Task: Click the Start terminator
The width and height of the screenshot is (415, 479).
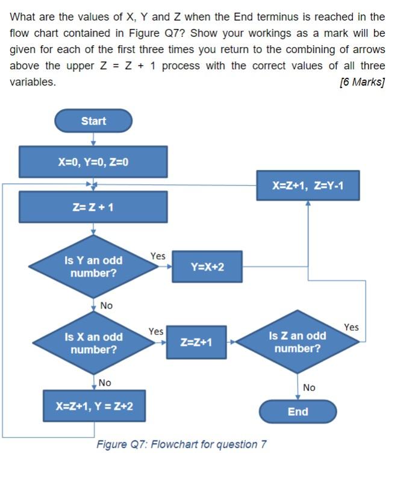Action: click(x=93, y=121)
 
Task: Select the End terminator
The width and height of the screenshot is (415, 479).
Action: click(x=298, y=412)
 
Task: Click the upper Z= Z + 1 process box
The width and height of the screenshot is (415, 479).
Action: click(x=93, y=207)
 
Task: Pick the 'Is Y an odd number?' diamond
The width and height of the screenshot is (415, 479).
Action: click(x=93, y=267)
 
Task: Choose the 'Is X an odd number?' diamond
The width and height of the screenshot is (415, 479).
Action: click(x=93, y=343)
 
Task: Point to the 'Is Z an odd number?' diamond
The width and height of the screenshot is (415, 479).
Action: click(x=298, y=342)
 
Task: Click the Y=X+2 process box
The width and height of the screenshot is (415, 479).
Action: click(x=207, y=266)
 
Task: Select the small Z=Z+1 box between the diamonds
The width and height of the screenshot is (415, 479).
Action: click(x=196, y=342)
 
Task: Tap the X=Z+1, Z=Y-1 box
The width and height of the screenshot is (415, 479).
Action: click(x=308, y=185)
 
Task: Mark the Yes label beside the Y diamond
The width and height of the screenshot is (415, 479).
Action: click(x=158, y=256)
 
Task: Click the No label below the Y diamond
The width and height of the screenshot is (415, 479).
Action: click(x=106, y=305)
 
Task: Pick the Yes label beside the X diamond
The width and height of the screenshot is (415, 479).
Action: click(x=156, y=331)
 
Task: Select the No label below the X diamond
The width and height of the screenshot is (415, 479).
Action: click(x=105, y=383)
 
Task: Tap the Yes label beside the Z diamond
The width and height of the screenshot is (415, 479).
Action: click(x=351, y=327)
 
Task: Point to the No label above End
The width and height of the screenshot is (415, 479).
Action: click(x=309, y=387)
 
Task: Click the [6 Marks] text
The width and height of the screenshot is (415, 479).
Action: click(x=362, y=82)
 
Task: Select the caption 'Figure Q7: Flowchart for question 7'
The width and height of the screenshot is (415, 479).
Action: click(x=181, y=445)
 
